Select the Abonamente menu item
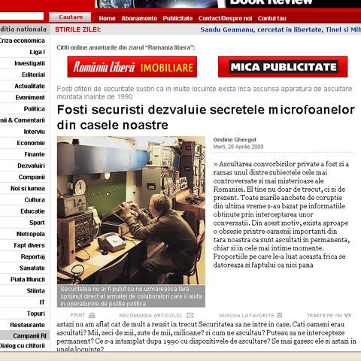[139, 18]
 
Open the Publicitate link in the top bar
[177, 18]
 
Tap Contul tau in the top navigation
[272, 18]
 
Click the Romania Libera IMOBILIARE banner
[132, 67]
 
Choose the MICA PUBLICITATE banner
[283, 67]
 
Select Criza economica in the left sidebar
[23, 41]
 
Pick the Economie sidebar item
[31, 143]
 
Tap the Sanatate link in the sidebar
[32, 268]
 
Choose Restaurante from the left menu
[28, 325]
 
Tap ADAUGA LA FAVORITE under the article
[246, 314]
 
